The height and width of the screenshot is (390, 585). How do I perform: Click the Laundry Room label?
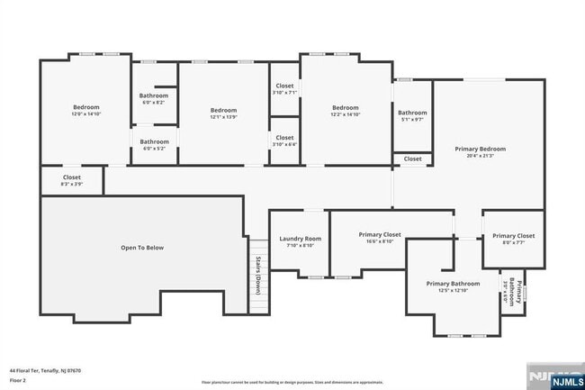coord(300,239)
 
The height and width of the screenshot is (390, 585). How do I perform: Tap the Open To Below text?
coord(142,248)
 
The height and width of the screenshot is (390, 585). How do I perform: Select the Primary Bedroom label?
coord(480,149)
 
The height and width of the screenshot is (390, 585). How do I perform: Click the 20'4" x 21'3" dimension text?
coord(480,156)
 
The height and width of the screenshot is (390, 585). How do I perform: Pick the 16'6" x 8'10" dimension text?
coord(379,241)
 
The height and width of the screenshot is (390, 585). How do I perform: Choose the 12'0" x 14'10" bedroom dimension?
coord(86,114)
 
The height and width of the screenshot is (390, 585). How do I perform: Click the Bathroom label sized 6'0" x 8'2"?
coord(154,95)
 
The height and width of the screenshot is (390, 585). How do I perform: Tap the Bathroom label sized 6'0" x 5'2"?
coord(154,141)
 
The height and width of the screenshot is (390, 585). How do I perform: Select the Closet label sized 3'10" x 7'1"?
coord(284,86)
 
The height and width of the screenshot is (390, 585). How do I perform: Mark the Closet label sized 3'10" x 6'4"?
coord(284,137)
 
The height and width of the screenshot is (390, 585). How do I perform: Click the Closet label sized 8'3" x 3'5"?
coord(72,177)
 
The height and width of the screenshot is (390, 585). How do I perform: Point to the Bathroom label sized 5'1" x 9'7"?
coord(412,113)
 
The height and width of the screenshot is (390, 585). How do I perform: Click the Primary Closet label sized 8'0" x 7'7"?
coord(513,236)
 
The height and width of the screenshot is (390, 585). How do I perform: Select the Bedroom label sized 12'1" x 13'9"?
coord(223,110)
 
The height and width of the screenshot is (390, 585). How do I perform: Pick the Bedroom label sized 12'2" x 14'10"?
coord(345,108)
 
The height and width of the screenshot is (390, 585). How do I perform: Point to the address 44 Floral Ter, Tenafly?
coord(46,369)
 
